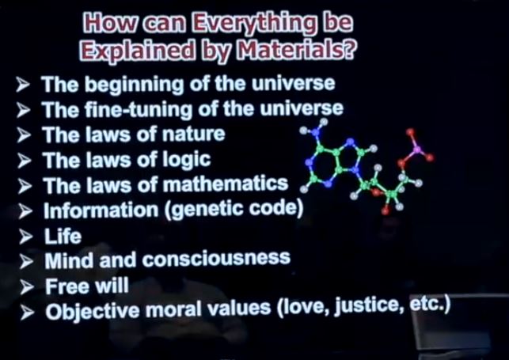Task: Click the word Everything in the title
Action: click(253, 24)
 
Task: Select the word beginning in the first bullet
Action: click(136, 85)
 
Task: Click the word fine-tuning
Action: click(139, 109)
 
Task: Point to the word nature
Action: click(193, 134)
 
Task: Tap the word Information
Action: click(101, 210)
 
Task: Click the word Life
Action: click(63, 236)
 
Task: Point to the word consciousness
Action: click(216, 259)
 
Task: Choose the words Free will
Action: click(86, 286)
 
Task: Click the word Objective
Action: click(93, 311)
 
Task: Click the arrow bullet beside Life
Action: click(26, 237)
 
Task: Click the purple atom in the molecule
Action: click(417, 150)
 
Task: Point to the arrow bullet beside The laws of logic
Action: click(25, 161)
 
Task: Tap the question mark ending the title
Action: click(350, 50)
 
